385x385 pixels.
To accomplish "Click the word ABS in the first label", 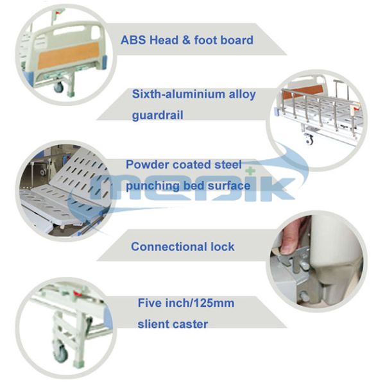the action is (133, 40).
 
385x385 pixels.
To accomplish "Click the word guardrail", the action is (158, 116).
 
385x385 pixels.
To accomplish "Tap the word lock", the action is (223, 247).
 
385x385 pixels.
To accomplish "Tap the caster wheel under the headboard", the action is (58, 87).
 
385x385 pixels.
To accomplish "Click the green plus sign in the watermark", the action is (250, 171).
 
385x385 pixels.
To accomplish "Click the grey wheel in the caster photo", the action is (60, 353).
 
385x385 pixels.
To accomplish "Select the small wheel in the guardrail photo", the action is (309, 140).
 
